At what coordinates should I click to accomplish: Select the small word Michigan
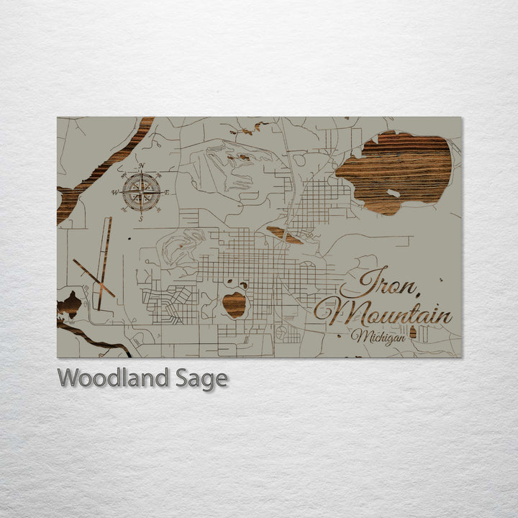tap(374, 337)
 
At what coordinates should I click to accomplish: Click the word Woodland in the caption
tap(112, 378)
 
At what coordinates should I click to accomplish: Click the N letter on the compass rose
tap(141, 167)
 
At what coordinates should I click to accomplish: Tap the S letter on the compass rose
tap(141, 217)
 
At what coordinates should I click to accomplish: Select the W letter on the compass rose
tap(114, 193)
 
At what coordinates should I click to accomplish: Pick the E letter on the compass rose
tap(167, 192)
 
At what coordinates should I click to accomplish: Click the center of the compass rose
tap(141, 192)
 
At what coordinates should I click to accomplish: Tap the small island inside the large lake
tap(393, 193)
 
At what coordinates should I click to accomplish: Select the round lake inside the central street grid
tap(233, 304)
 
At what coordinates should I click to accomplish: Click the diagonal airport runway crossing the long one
tap(93, 278)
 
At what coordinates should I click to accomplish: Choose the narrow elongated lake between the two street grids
tap(283, 235)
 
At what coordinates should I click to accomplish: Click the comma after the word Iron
tap(415, 291)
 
